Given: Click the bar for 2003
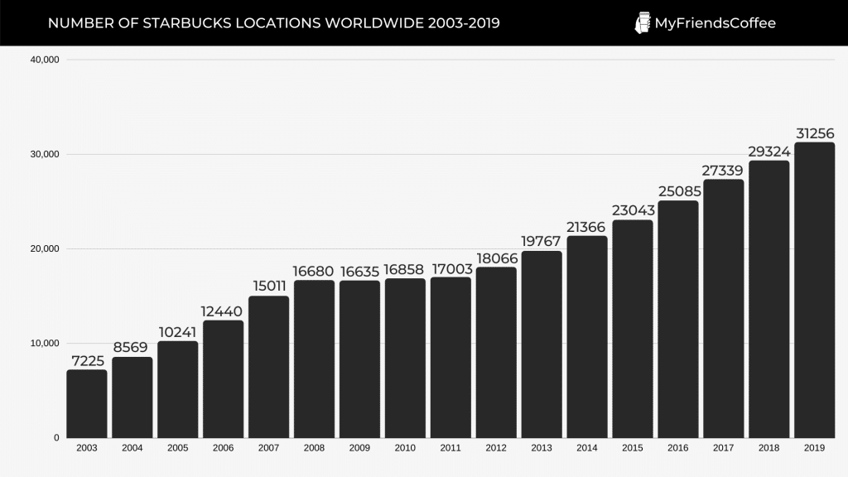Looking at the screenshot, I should click(x=87, y=403).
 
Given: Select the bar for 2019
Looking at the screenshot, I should click(x=814, y=290).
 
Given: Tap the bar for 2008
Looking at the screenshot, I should click(x=314, y=359).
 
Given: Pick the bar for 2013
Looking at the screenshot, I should click(x=542, y=344).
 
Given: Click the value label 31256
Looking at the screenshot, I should click(x=814, y=133).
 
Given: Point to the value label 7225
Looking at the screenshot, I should click(x=87, y=360).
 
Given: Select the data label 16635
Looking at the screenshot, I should click(x=359, y=271).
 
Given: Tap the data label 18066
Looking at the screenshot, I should click(x=496, y=258).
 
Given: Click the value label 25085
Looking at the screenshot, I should click(x=678, y=191).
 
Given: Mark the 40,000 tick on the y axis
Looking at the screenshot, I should click(x=43, y=60).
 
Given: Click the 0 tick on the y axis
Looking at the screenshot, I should click(x=56, y=437).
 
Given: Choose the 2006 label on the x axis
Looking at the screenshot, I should click(x=224, y=447).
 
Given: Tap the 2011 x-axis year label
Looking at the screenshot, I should click(x=450, y=447).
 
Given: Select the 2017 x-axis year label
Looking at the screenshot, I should click(x=723, y=447).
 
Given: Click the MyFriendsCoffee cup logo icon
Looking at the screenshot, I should click(x=642, y=23).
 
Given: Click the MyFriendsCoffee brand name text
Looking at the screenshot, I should click(x=715, y=23).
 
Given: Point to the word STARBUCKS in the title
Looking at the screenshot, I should click(x=180, y=23).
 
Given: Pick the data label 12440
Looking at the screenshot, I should click(x=224, y=311).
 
